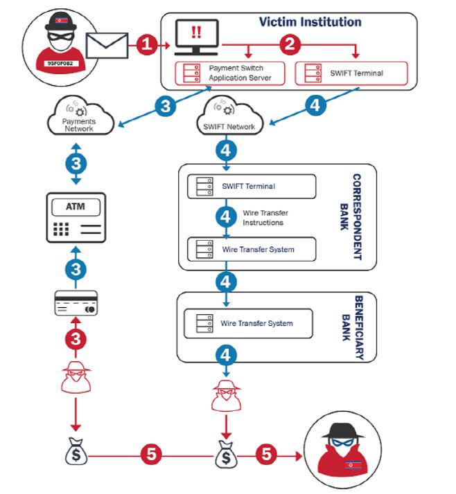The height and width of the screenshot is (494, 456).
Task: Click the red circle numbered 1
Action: (146, 46)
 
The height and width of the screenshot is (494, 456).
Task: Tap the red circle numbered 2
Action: (290, 46)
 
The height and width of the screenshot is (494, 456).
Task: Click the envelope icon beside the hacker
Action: (107, 46)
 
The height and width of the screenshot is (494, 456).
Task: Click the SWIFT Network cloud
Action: (231, 118)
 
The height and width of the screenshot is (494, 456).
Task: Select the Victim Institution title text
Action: (310, 21)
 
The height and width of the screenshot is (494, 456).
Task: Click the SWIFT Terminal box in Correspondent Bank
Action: (252, 186)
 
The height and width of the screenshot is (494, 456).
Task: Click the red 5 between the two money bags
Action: (152, 455)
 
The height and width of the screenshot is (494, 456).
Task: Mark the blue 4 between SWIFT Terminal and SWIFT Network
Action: (315, 105)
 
